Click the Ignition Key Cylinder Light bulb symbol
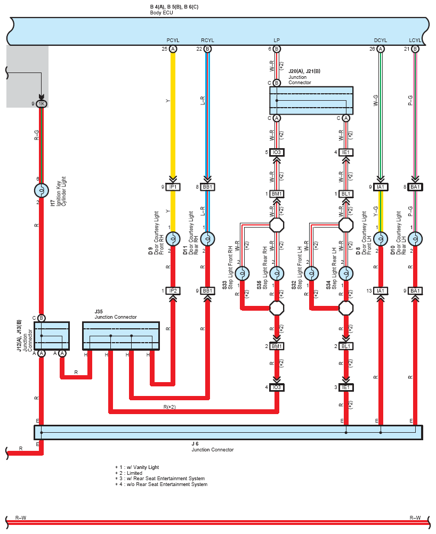(x=42, y=190)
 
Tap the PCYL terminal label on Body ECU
(x=173, y=40)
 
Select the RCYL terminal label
(x=207, y=40)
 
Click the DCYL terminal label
(x=381, y=40)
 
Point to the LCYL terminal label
(x=415, y=40)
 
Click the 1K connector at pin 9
(x=42, y=104)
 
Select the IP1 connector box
(x=173, y=187)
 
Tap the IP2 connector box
(x=173, y=291)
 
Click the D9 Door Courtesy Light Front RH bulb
(x=173, y=239)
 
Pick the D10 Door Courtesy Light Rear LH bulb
(x=415, y=239)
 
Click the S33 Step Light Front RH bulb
(x=242, y=273)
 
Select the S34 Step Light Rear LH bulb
(x=346, y=273)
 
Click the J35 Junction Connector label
(x=116, y=314)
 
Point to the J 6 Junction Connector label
(x=213, y=447)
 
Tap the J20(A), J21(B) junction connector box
(x=311, y=101)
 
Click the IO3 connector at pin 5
(x=277, y=152)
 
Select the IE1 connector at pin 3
(x=346, y=387)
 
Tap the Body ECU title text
(x=162, y=13)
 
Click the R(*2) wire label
(x=169, y=407)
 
